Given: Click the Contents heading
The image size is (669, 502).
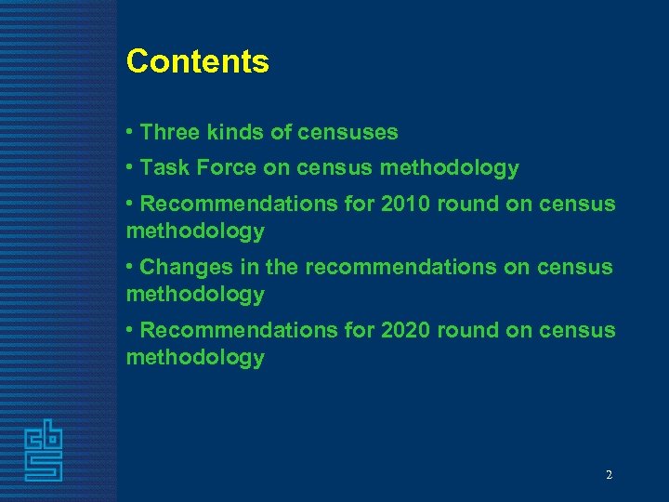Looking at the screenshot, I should coord(197,61).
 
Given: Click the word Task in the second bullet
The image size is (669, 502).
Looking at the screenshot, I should coord(165,168).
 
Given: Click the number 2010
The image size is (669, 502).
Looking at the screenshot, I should coord(406,204).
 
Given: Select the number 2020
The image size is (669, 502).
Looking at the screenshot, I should coord(406,330).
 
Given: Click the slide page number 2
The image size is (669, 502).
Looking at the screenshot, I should coord(609,475).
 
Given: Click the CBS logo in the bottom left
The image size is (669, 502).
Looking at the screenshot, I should coord(44,451).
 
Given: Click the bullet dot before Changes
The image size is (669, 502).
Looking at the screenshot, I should coord(131,267).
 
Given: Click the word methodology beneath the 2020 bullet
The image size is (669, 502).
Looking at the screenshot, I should coord(195,357).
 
